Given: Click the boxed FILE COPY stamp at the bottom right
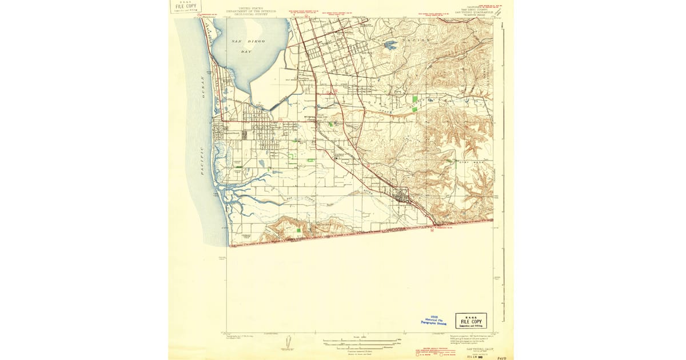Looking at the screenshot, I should pos(471,321).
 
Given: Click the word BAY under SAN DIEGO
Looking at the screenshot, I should pos(246,51).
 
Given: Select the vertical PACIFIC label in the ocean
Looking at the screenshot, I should pos(202,160).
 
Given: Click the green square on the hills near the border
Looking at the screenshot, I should pos(299,230).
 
